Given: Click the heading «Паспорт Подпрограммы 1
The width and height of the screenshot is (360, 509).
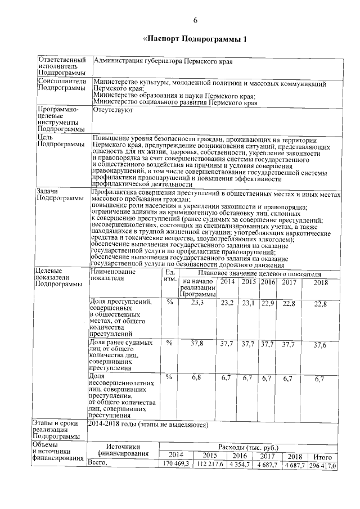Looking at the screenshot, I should click(195, 39).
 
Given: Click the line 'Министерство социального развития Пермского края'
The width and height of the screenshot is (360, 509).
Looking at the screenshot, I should click(175, 102).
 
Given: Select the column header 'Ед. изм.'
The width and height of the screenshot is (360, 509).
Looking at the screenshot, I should click(169, 275).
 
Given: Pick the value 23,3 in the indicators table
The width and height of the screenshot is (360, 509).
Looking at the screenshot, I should click(197, 303).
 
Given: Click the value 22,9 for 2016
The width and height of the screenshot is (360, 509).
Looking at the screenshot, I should click(268, 303).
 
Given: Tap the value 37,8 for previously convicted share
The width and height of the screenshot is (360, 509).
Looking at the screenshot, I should click(197, 343).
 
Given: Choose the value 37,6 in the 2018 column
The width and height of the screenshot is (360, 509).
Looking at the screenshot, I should click(320, 344).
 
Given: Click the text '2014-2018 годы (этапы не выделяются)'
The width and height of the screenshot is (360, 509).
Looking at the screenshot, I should click(148, 424).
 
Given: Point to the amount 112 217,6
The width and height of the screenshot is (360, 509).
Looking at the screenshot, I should click(210, 465).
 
